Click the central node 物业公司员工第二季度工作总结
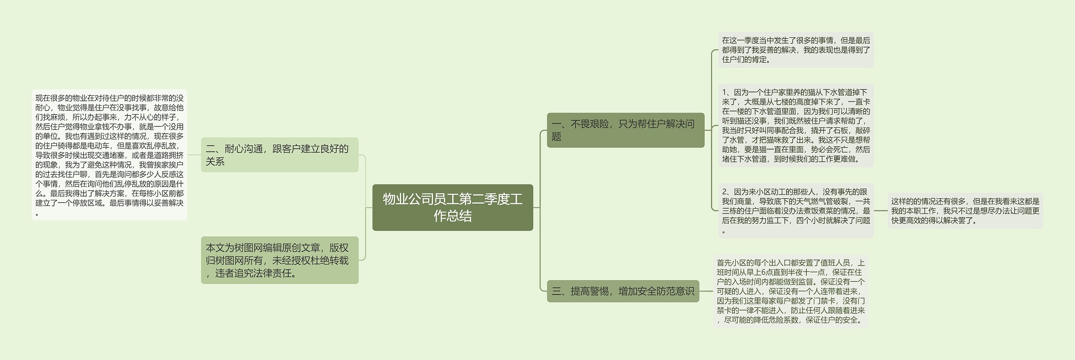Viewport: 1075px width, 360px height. tap(452, 208)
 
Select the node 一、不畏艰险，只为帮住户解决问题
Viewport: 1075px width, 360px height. tap(625, 130)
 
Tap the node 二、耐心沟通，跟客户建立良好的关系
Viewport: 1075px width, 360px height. tap(280, 155)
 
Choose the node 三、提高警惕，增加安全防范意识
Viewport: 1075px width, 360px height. tap(623, 291)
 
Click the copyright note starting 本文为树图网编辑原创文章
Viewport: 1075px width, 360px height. tap(280, 260)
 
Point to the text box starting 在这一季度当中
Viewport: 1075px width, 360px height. tap(796, 50)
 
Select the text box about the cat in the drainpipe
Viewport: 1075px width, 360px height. tap(796, 126)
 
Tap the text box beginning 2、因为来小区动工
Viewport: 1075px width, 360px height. tap(796, 211)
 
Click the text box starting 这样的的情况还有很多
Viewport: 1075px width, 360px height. tap(965, 211)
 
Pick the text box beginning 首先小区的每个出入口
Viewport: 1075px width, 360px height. tap(791, 291)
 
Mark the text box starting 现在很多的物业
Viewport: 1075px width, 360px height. tap(110, 155)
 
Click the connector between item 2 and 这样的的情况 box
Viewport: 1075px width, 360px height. tap(881, 211)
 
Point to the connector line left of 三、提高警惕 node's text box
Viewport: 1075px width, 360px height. tap(706, 291)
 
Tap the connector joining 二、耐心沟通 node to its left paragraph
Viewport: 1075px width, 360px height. tap(194, 155)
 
